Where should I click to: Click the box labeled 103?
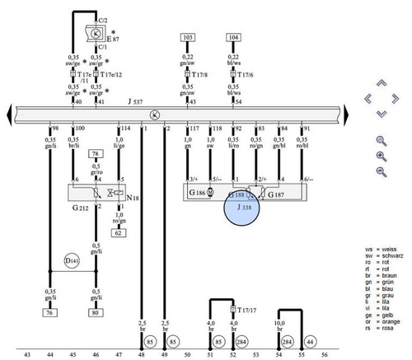[x=188, y=38]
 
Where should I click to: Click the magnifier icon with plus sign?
[x=381, y=156]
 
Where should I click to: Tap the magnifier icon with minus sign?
[x=381, y=171]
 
